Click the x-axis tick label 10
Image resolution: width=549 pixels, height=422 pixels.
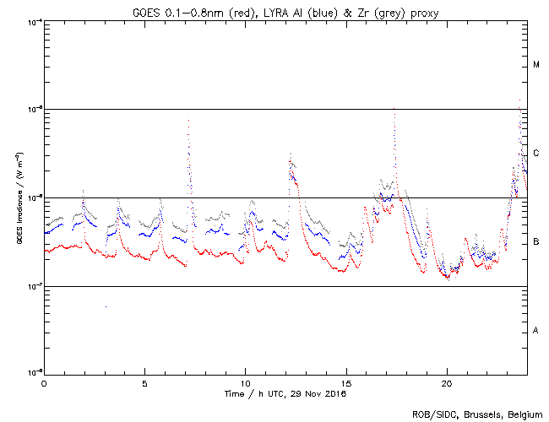(x=245, y=382)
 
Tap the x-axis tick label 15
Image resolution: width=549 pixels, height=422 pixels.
(x=346, y=382)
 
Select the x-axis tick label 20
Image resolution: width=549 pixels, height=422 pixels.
(x=447, y=382)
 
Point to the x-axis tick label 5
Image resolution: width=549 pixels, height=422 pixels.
(x=144, y=382)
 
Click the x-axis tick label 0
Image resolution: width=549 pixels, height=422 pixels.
(x=44, y=382)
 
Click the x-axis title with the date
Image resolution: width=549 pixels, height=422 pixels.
(x=285, y=393)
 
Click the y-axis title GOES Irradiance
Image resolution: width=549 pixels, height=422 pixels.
(x=18, y=198)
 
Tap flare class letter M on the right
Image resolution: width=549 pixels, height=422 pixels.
(x=536, y=64)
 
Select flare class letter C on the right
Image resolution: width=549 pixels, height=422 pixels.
(x=536, y=154)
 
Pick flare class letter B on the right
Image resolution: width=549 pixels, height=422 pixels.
(x=536, y=242)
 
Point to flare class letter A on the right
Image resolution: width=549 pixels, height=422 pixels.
(x=536, y=330)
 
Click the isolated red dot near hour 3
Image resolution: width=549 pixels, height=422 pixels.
(x=106, y=306)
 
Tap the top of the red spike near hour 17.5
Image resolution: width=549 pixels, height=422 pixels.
(x=394, y=109)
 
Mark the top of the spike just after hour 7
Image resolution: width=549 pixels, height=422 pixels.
(x=188, y=120)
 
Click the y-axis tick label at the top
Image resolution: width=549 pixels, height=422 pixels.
(x=34, y=21)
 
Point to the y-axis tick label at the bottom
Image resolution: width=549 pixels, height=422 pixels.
(x=34, y=373)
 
